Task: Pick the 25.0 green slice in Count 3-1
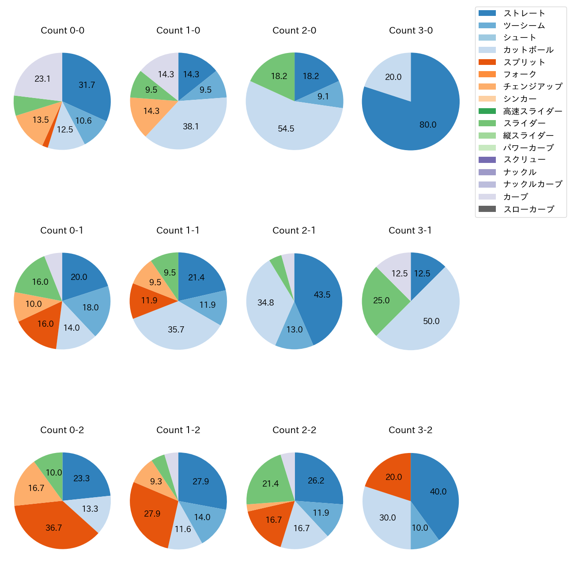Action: click(x=382, y=300)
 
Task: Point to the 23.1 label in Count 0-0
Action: click(x=42, y=79)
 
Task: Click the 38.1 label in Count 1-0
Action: click(x=191, y=127)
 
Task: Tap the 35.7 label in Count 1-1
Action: click(x=176, y=330)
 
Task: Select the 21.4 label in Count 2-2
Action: click(x=271, y=484)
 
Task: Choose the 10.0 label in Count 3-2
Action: click(x=420, y=528)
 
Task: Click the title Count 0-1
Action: click(x=62, y=230)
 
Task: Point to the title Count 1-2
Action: click(x=178, y=430)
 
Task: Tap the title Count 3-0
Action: click(x=411, y=30)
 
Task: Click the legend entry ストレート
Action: click(x=524, y=13)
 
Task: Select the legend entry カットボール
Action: click(x=528, y=50)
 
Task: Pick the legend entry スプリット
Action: click(x=524, y=62)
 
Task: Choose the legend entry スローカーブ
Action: click(x=528, y=209)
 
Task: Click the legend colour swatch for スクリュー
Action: click(x=487, y=160)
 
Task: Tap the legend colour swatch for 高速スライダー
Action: click(x=487, y=111)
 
